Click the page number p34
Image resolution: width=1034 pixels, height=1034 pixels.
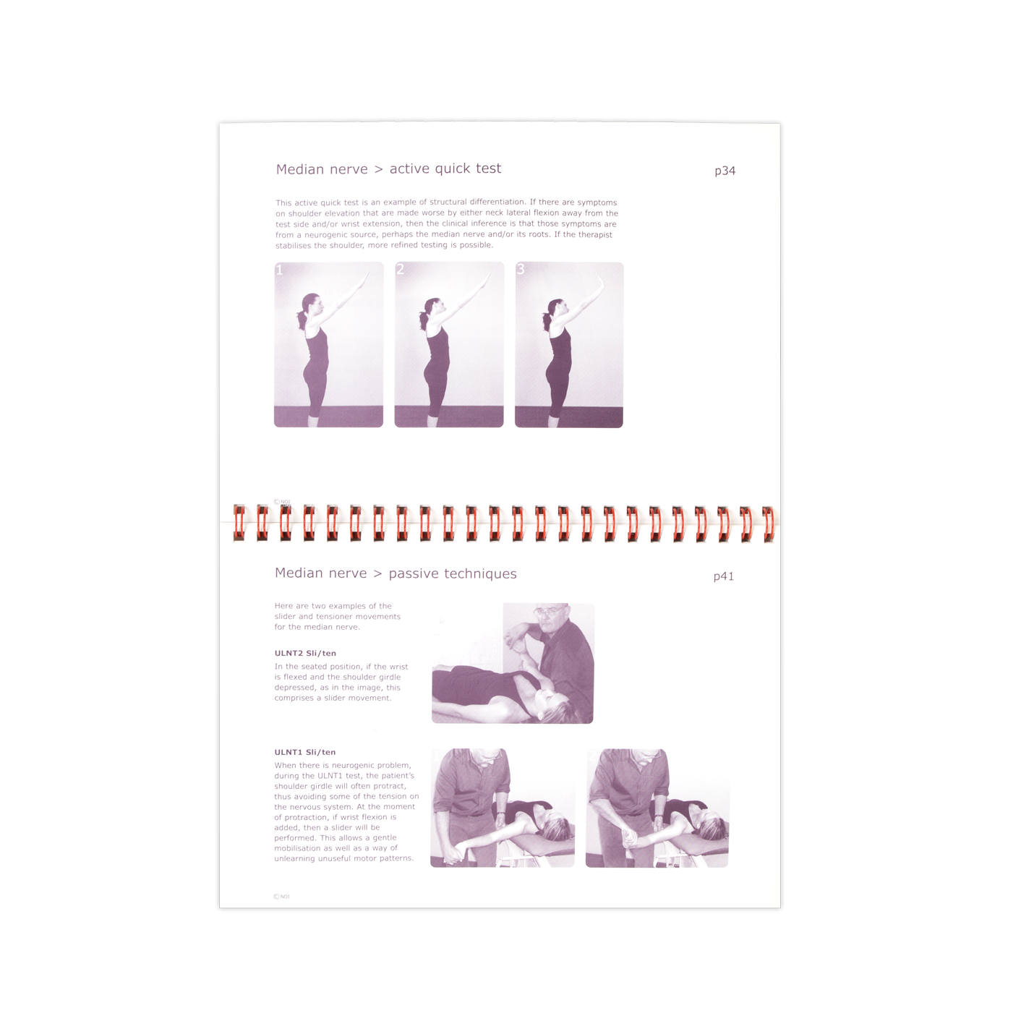(725, 171)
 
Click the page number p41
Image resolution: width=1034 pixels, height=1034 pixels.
(723, 576)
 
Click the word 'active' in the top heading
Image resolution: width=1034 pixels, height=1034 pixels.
(410, 168)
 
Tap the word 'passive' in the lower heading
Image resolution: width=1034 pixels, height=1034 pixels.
(414, 573)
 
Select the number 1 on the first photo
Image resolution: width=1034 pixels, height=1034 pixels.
(280, 270)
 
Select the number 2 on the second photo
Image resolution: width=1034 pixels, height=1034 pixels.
(400, 269)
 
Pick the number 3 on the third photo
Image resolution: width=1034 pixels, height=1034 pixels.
(520, 269)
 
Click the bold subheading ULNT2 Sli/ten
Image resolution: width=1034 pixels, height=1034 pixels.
(305, 653)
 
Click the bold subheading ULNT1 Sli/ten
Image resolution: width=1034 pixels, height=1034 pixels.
(305, 752)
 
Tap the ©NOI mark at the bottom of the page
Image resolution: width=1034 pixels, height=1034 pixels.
(281, 897)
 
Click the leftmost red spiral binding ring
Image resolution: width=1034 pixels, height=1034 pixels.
(239, 523)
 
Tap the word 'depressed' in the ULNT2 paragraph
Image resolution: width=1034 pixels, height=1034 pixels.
(294, 688)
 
